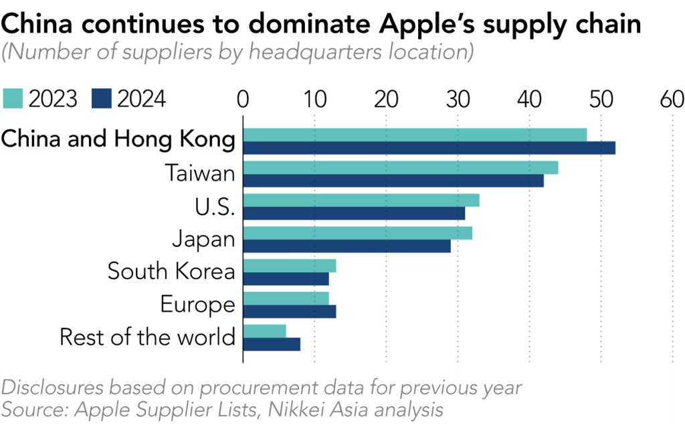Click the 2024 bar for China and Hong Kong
click(x=429, y=148)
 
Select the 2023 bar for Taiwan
click(x=400, y=168)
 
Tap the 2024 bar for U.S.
click(x=354, y=214)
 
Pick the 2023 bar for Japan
click(x=357, y=233)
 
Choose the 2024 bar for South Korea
click(x=286, y=278)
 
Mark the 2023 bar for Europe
click(x=286, y=298)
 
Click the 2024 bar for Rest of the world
click(x=272, y=344)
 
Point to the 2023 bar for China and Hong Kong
click(x=415, y=135)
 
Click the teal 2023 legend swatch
click(x=14, y=99)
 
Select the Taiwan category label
click(x=201, y=174)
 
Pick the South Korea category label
click(x=171, y=272)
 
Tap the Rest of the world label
click(x=147, y=337)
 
